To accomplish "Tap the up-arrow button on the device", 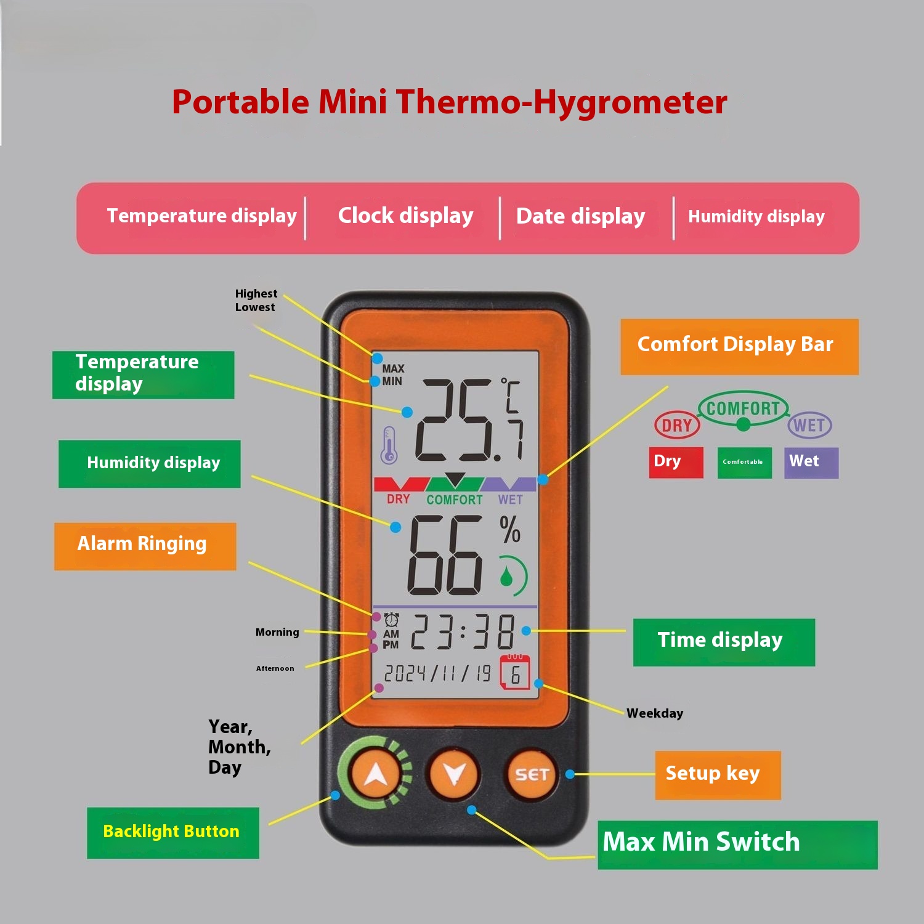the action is tap(376, 774).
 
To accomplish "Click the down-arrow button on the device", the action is tap(454, 774).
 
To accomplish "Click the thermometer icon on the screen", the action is tap(389, 445).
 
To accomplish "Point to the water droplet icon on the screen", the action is tap(506, 577).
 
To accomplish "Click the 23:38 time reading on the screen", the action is tap(463, 632).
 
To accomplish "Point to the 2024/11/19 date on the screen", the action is tap(437, 673).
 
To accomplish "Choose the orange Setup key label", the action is tap(718, 775).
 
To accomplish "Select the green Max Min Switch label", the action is tap(737, 845).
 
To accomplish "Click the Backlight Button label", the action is tap(172, 833).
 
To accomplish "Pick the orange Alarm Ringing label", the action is tap(145, 546).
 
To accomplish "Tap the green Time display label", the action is tap(724, 642).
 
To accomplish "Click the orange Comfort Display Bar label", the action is tap(739, 347).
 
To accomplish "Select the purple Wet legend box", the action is tap(811, 463).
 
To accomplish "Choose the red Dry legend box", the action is tap(676, 463).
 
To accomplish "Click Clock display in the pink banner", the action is tap(405, 216).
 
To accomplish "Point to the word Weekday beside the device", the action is tap(655, 713).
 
